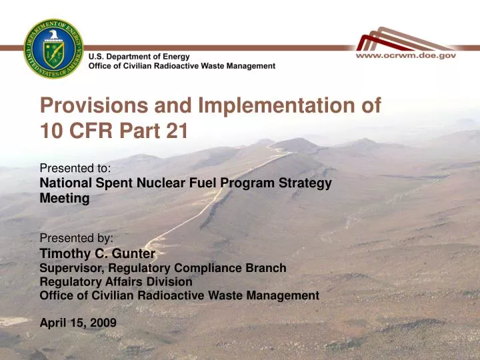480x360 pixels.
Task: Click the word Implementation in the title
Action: (x=273, y=105)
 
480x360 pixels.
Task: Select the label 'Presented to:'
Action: (x=75, y=169)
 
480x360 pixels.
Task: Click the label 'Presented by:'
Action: (x=76, y=238)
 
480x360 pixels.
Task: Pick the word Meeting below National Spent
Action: (x=65, y=198)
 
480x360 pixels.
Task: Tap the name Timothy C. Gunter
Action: (x=97, y=253)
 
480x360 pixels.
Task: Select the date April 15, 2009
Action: (x=78, y=323)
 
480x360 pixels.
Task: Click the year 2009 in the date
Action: (x=103, y=323)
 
